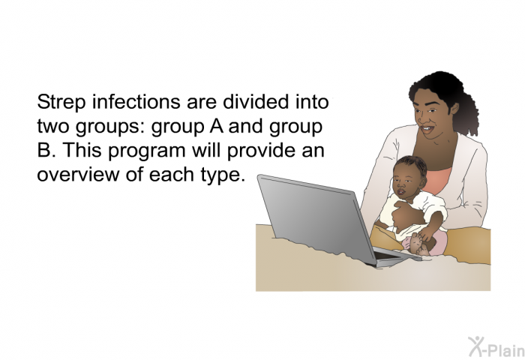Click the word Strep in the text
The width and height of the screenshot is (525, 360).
pos(61,103)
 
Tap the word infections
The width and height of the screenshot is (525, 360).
pos(136,101)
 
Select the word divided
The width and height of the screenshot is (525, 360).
pos(256,101)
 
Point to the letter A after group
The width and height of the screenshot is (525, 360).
pos(217,126)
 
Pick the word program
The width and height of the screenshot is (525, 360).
pos(147,151)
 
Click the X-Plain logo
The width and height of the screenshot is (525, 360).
pos(496,346)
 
